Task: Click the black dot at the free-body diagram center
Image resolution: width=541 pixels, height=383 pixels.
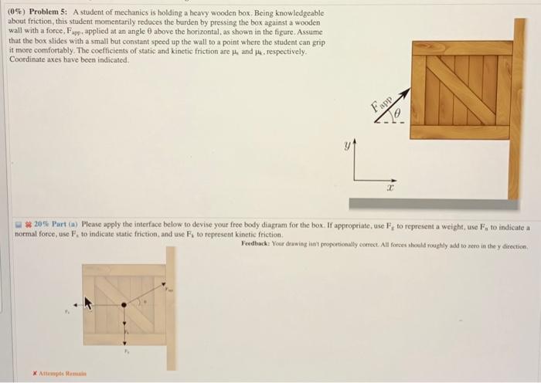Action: click(124, 305)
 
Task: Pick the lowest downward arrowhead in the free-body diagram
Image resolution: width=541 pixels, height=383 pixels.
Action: click(124, 342)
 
